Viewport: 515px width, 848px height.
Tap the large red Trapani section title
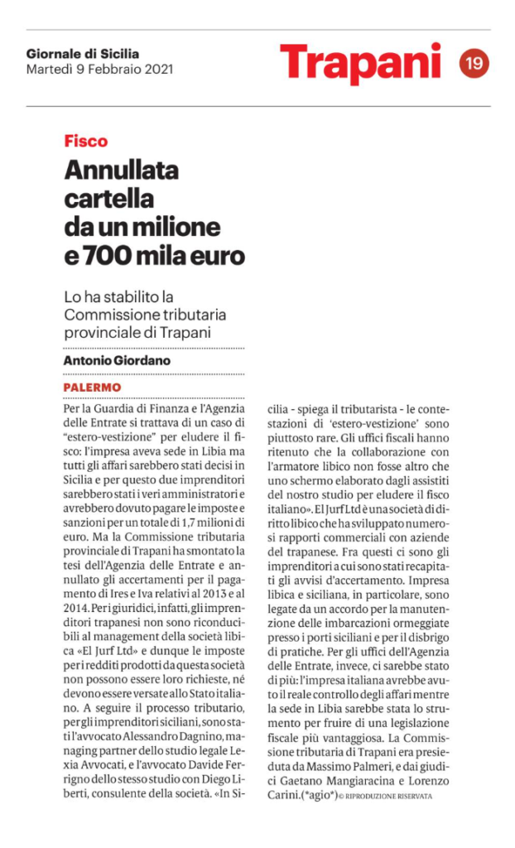360,63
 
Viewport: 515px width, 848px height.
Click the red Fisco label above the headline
86,141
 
